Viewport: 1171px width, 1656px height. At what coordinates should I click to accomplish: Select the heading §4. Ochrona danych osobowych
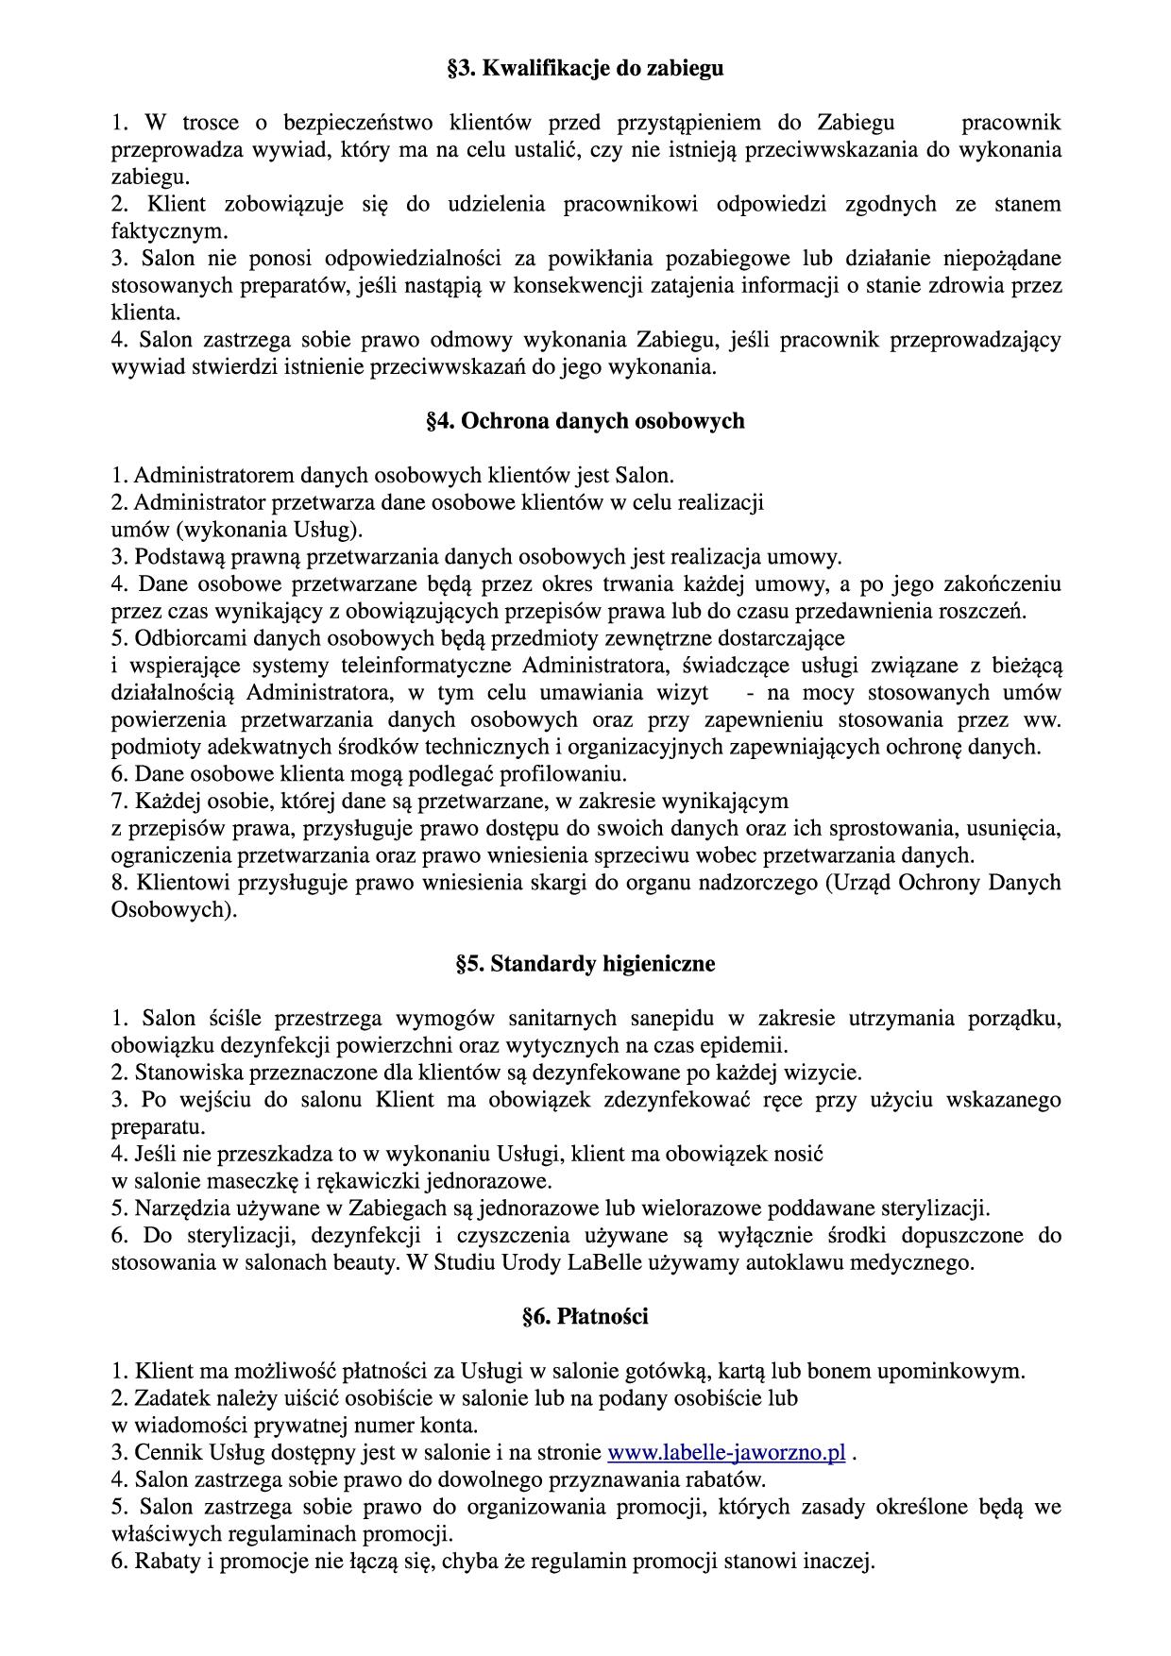tap(585, 421)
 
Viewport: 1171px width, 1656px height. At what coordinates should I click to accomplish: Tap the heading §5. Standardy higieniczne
tap(585, 964)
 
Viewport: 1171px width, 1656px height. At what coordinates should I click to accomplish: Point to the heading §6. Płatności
tap(585, 1317)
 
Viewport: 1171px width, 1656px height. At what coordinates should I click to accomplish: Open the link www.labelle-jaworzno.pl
tap(725, 1452)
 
